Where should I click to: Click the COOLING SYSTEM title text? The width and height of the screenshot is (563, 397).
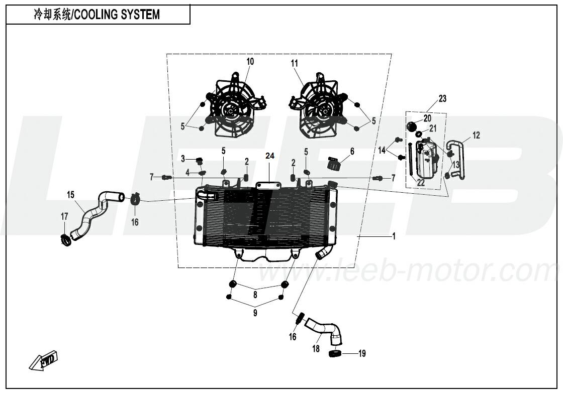(x=97, y=15)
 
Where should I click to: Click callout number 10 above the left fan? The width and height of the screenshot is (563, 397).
(x=250, y=61)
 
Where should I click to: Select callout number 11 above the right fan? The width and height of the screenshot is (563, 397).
(x=295, y=63)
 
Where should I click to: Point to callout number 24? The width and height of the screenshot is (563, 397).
(x=270, y=157)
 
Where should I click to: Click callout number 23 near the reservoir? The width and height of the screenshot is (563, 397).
(x=442, y=98)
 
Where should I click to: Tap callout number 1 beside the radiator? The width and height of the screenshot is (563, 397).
(x=394, y=236)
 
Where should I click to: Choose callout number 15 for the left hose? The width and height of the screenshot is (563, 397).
(x=71, y=194)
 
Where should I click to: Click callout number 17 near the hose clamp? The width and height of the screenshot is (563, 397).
(x=64, y=216)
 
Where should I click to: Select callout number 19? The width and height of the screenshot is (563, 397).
(x=362, y=354)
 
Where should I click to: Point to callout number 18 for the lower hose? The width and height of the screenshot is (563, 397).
(x=316, y=348)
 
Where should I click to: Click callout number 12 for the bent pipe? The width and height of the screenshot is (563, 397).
(x=476, y=135)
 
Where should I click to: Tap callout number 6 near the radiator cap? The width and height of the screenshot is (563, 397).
(x=352, y=151)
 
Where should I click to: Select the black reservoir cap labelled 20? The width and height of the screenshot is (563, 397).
(x=412, y=125)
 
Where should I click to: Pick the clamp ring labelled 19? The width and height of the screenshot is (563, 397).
(x=335, y=354)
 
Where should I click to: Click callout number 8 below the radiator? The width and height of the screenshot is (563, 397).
(x=255, y=295)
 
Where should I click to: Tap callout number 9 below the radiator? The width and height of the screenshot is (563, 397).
(x=255, y=313)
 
